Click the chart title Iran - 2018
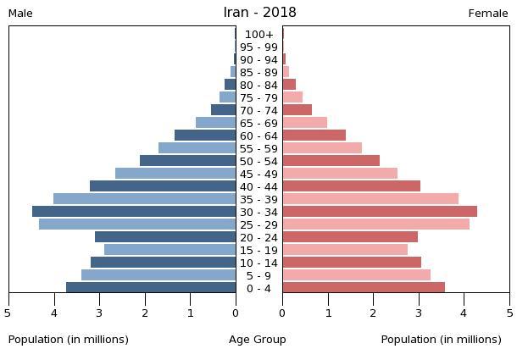click(x=259, y=13)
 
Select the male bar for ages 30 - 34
click(x=134, y=212)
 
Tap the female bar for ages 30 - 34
click(x=380, y=212)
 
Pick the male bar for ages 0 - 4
click(x=151, y=288)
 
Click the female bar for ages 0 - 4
click(x=364, y=288)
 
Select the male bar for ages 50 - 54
click(x=187, y=161)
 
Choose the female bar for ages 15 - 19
click(x=345, y=250)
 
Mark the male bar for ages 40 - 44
click(x=163, y=186)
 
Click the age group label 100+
click(x=259, y=35)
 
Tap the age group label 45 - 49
click(x=259, y=174)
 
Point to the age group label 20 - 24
click(x=259, y=237)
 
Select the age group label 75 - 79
click(x=259, y=97)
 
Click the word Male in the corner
click(x=20, y=14)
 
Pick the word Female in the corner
click(x=488, y=14)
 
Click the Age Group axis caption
click(x=258, y=340)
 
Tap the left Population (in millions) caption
click(x=69, y=340)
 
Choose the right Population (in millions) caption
click(x=442, y=340)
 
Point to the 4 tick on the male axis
click(x=54, y=313)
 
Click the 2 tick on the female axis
click(x=374, y=313)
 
